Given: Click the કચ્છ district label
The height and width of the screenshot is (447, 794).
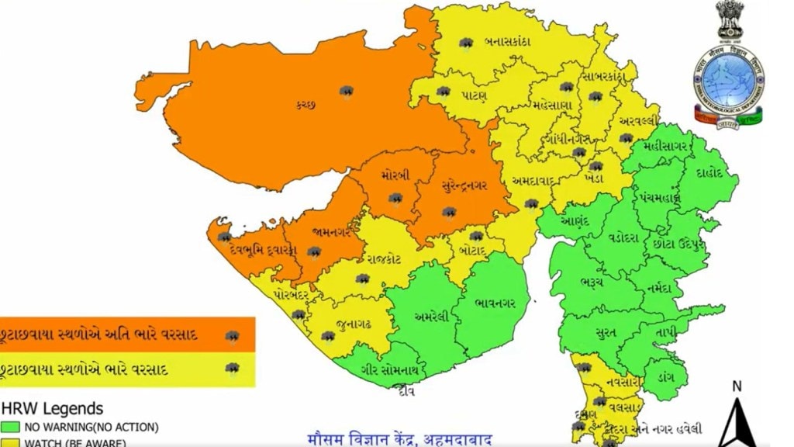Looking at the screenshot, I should click(x=305, y=105).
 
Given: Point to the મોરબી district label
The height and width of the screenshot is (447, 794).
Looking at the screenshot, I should click(x=395, y=176).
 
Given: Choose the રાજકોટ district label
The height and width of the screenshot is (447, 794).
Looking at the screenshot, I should click(x=383, y=259).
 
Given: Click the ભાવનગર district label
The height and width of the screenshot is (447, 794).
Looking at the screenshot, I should click(x=495, y=296).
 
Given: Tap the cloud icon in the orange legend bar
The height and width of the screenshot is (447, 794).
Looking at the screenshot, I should click(x=230, y=336).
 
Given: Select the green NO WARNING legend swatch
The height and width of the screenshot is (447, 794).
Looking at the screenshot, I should click(x=11, y=427).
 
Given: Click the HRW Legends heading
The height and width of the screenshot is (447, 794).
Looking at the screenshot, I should click(x=52, y=408).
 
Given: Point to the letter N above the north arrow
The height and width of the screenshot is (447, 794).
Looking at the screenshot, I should click(x=737, y=386).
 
